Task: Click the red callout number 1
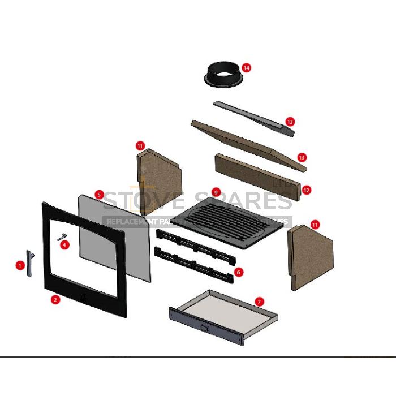pyautogui.click(x=20, y=264)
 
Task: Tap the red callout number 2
pyautogui.click(x=55, y=300)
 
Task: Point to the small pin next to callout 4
pyautogui.click(x=62, y=237)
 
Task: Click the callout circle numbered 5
pyautogui.click(x=99, y=195)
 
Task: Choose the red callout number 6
pyautogui.click(x=238, y=272)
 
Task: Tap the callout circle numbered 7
pyautogui.click(x=259, y=302)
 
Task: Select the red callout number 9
pyautogui.click(x=216, y=192)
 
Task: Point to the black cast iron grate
pyautogui.click(x=226, y=223)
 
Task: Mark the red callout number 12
pyautogui.click(x=307, y=190)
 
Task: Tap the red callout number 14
pyautogui.click(x=246, y=68)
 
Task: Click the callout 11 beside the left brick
pyautogui.click(x=141, y=145)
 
